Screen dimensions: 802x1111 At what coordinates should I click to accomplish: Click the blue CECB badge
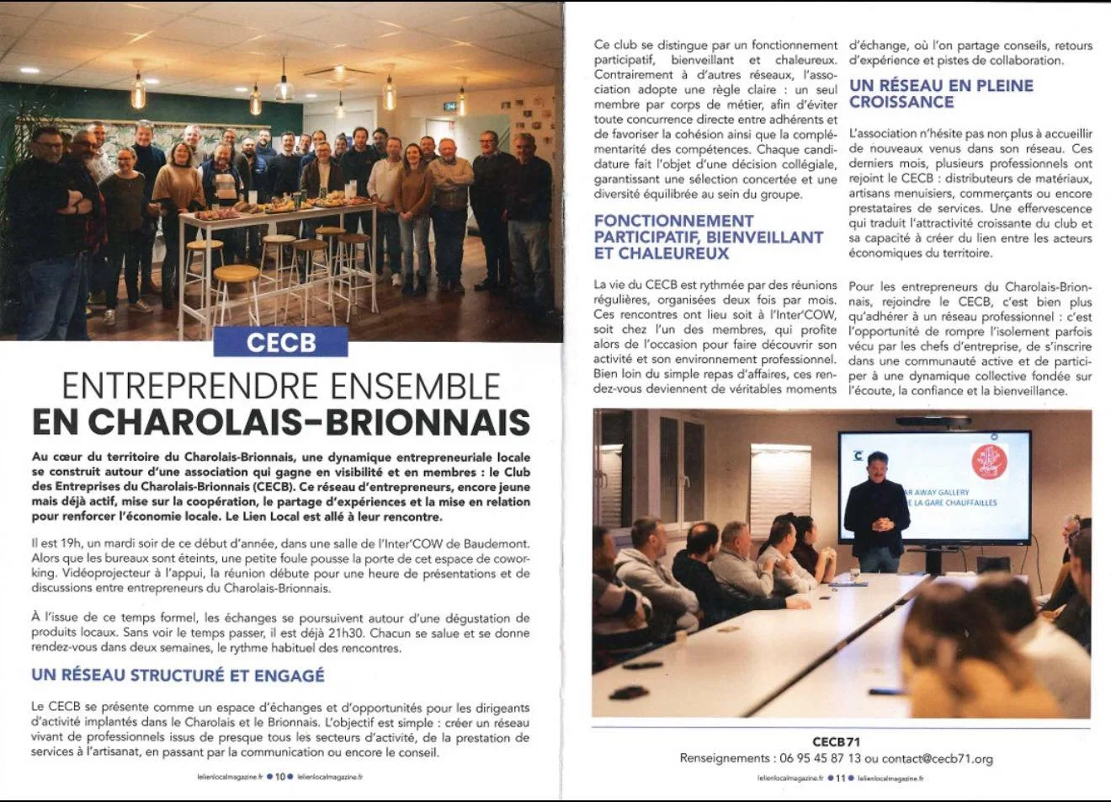coord(281,342)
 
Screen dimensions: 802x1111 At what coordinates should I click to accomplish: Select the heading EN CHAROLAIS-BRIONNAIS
coord(281,422)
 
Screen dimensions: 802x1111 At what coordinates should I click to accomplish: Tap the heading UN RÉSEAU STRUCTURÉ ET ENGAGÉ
coord(178,676)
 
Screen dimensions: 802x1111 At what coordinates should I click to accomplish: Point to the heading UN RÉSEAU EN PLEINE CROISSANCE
coord(941,94)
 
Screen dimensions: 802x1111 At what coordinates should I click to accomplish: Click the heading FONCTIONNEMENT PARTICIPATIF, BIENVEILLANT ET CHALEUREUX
coord(708,237)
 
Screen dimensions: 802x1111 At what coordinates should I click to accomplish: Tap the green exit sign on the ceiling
coord(451,106)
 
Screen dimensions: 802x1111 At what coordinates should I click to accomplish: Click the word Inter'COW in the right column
coord(808,314)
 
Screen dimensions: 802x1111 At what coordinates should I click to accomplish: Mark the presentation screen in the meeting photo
coord(934,487)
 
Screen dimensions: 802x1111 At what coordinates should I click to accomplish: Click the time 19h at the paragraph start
coord(62,543)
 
